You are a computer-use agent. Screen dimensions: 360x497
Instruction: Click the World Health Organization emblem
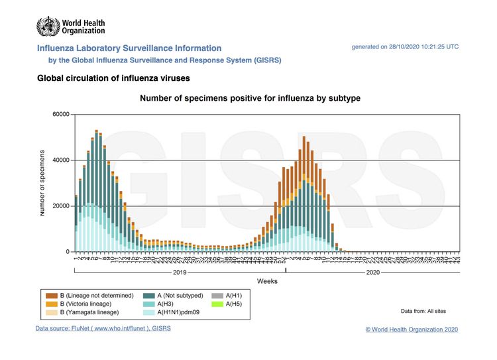[x=48, y=27]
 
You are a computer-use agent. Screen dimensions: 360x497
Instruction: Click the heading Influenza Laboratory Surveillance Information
[x=129, y=48]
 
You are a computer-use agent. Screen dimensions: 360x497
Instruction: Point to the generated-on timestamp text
[x=405, y=47]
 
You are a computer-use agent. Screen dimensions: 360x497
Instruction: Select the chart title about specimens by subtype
[x=249, y=98]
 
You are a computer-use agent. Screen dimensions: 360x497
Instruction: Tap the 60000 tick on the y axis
[x=60, y=115]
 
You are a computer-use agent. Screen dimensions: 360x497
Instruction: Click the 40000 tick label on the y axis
[x=60, y=160]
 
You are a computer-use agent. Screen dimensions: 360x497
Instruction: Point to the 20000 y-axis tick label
[x=60, y=206]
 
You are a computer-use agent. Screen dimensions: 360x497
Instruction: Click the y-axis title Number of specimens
[x=42, y=182]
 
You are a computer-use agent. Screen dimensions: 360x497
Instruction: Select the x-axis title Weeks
[x=267, y=281]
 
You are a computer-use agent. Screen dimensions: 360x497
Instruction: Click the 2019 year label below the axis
[x=179, y=272]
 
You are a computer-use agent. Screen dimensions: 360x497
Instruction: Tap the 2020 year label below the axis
[x=372, y=272]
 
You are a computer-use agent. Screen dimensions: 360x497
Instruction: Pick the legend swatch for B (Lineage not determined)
[x=50, y=295]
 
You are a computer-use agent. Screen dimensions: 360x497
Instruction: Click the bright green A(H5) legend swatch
[x=216, y=304]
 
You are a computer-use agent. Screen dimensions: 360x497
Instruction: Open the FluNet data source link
[x=103, y=329]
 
